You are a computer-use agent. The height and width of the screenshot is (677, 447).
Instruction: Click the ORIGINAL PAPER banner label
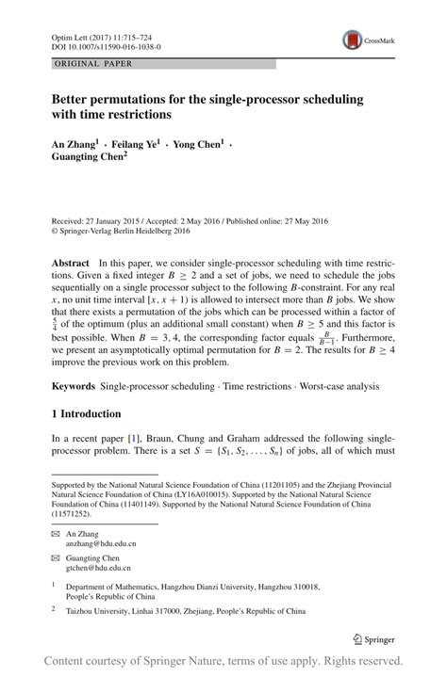(x=92, y=64)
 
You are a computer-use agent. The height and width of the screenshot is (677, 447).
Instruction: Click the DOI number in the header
(x=105, y=44)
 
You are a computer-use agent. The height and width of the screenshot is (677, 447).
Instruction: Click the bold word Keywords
(x=73, y=386)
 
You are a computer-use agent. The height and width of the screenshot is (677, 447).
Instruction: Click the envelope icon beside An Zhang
(x=56, y=533)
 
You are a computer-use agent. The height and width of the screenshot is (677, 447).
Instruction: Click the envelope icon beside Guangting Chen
(x=56, y=558)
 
